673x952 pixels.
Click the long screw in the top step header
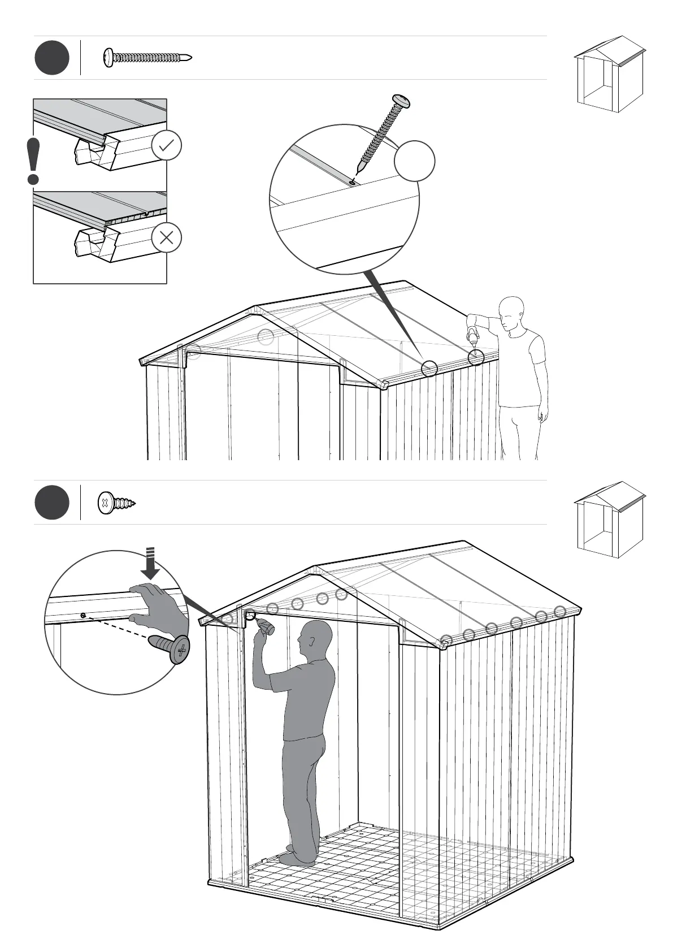coord(147,57)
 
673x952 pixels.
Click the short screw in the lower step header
coord(117,503)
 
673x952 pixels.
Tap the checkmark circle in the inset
coord(166,146)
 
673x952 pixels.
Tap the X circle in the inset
coord(166,237)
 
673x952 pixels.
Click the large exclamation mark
coord(33,161)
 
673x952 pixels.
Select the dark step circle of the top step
coord(52,58)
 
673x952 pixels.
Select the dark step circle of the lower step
coord(52,503)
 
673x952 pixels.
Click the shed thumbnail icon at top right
coord(609,74)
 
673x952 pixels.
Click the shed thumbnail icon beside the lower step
coord(609,520)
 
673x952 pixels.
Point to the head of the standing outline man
coord(512,311)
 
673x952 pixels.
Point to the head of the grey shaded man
coord(316,639)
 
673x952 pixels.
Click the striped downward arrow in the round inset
coord(150,562)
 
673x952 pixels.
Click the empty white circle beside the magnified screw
coord(414,161)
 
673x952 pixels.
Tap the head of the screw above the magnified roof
coord(402,102)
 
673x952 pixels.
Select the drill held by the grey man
coord(265,626)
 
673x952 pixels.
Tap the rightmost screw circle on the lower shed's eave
coord(559,611)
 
